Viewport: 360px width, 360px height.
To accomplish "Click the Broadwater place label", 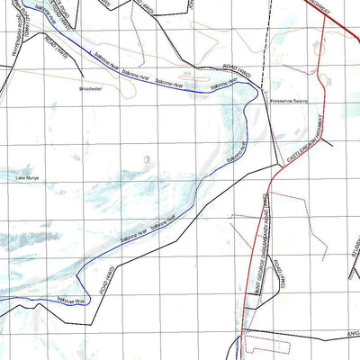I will pyautogui.click(x=92, y=89).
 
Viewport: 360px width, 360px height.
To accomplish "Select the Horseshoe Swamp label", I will pyautogui.click(x=289, y=102).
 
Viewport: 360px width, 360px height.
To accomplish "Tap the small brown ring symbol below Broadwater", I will pyautogui.click(x=147, y=159).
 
